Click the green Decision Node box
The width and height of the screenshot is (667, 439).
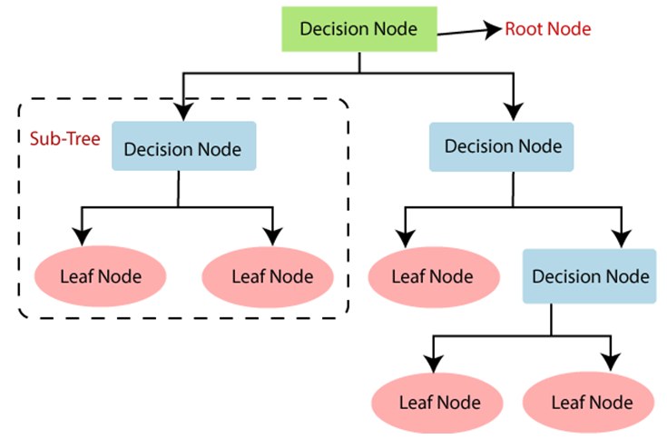(359, 29)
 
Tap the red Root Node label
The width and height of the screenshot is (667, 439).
(548, 29)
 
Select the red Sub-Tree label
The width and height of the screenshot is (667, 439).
(65, 138)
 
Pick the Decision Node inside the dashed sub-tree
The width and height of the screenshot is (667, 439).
(183, 146)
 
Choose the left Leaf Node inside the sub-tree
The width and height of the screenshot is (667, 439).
(101, 276)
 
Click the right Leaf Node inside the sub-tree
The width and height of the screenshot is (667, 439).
(268, 277)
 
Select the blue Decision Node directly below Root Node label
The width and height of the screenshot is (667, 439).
(502, 147)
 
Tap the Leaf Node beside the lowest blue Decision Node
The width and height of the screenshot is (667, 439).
(434, 277)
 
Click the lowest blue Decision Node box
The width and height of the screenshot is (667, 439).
(590, 276)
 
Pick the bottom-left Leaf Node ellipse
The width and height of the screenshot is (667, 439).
(437, 403)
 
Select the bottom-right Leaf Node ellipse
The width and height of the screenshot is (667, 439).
(588, 403)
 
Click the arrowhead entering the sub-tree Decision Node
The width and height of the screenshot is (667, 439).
(183, 112)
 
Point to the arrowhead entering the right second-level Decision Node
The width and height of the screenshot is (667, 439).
(514, 112)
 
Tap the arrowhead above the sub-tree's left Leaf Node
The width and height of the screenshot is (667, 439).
(82, 237)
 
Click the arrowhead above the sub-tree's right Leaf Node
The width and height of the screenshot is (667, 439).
(272, 237)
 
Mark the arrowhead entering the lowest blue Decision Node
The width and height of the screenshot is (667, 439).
(622, 239)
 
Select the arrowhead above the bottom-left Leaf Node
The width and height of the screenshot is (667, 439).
(434, 364)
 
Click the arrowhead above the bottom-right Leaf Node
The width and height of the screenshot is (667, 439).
(611, 363)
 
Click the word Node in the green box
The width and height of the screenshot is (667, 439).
(396, 29)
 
